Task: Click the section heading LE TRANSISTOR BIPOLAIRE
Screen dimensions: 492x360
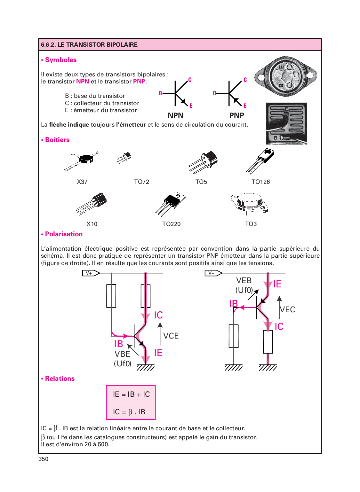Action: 89,45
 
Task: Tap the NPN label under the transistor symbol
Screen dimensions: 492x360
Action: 176,115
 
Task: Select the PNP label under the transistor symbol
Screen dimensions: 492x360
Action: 236,115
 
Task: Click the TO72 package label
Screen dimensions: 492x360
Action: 141,182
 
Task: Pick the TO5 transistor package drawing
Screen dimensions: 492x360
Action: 204,162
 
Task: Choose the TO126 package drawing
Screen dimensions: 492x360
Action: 260,160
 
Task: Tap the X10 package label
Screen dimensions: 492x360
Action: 92,224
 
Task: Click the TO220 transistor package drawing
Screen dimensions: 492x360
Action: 171,203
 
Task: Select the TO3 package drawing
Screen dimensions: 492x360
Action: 250,203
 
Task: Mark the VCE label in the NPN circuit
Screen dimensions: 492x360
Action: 171,336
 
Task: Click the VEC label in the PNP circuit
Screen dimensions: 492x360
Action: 287,310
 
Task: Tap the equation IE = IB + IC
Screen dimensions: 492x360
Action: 131,394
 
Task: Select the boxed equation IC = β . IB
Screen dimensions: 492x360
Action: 129,412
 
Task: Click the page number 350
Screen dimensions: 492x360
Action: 44,459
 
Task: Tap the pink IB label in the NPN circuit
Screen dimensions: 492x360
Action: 118,344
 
